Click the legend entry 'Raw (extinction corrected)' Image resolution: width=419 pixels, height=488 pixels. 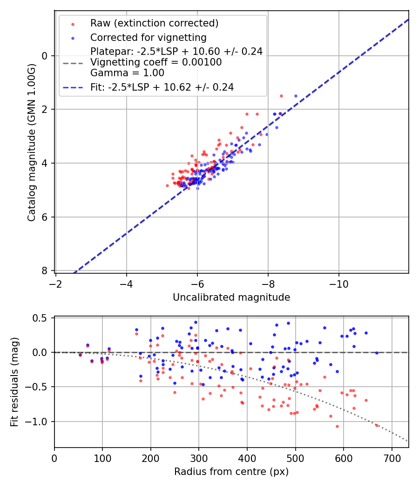click(154, 23)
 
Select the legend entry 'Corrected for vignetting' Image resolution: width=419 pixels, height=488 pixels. click(148, 37)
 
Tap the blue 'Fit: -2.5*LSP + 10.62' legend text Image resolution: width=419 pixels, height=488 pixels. click(162, 87)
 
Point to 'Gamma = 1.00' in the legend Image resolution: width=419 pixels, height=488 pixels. click(127, 73)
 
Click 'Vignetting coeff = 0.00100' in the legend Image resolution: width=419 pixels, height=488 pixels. click(156, 62)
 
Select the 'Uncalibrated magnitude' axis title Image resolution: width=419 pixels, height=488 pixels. click(231, 297)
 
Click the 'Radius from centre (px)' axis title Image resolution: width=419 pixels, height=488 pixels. click(231, 472)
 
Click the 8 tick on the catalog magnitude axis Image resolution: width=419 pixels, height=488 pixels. click(45, 270)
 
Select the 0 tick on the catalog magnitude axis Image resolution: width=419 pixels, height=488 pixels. click(45, 56)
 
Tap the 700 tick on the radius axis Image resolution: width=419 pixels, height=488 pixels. click(392, 458)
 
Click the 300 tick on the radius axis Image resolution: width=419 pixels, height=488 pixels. click(199, 458)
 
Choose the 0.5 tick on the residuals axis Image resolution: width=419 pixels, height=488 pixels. click(42, 318)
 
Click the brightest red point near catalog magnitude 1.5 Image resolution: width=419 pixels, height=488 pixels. click(281, 96)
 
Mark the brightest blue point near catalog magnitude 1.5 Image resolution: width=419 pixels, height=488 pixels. click(296, 96)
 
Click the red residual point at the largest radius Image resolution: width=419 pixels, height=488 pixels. click(377, 425)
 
